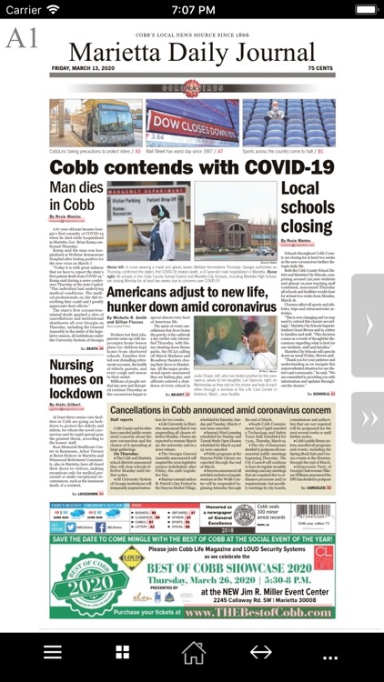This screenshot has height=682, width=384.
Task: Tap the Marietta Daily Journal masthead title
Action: point(192,53)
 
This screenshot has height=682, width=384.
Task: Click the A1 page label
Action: point(22,38)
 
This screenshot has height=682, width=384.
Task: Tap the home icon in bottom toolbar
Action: point(193,653)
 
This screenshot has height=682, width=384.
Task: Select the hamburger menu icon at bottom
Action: point(53,653)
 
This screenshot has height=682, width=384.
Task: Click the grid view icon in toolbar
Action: point(122,653)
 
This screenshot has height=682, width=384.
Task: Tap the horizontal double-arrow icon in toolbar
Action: point(261,653)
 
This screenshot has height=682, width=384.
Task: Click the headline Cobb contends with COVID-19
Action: point(192,167)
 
